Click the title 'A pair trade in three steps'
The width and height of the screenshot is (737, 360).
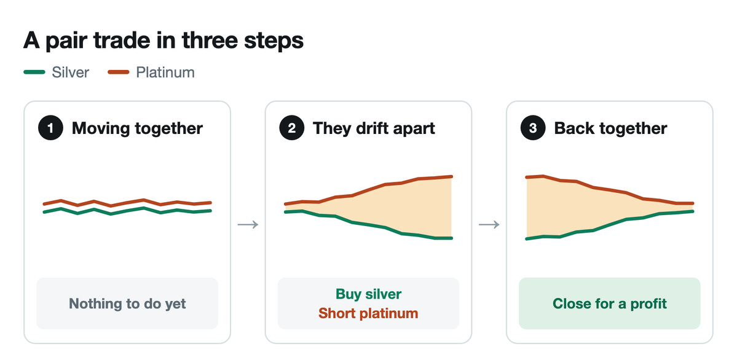click(163, 41)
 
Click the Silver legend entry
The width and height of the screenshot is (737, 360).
click(56, 72)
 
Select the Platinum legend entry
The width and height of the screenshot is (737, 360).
click(151, 72)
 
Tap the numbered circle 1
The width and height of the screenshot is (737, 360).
click(50, 128)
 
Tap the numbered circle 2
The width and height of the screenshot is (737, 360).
click(291, 128)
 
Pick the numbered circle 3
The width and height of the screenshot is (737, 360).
click(532, 128)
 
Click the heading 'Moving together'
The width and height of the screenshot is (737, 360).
click(137, 128)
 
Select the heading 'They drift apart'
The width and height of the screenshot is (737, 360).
click(374, 128)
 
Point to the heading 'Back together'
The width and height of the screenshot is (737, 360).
click(610, 128)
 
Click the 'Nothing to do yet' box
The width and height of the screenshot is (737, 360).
click(127, 303)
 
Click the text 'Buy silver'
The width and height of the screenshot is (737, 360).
click(369, 294)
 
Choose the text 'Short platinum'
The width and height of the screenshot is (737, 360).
click(369, 313)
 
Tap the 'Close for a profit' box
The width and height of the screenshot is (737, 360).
click(610, 303)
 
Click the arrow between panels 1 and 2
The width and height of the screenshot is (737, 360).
click(248, 225)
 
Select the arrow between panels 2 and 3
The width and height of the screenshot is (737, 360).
click(489, 225)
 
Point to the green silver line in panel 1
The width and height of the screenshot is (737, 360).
click(127, 211)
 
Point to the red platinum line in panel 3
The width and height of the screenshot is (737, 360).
click(610, 191)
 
